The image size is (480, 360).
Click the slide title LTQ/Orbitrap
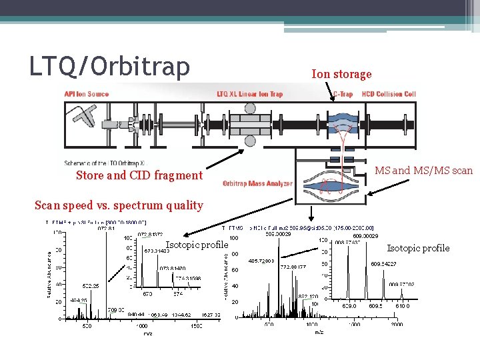(x=109, y=66)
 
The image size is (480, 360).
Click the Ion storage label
(x=341, y=74)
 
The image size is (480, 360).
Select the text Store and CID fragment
(x=139, y=175)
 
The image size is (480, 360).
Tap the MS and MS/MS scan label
(x=423, y=171)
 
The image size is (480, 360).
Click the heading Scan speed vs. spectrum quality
(x=118, y=205)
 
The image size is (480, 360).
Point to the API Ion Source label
(x=87, y=94)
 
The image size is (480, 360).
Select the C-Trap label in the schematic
(x=343, y=94)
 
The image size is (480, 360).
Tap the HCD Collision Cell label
(x=389, y=94)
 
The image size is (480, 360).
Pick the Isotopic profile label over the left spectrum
(x=197, y=245)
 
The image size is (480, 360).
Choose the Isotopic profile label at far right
(x=418, y=248)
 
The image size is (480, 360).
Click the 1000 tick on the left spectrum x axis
(x=142, y=327)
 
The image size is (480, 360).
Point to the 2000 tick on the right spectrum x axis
(x=396, y=325)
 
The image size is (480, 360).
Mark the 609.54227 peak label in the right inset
(x=383, y=263)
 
